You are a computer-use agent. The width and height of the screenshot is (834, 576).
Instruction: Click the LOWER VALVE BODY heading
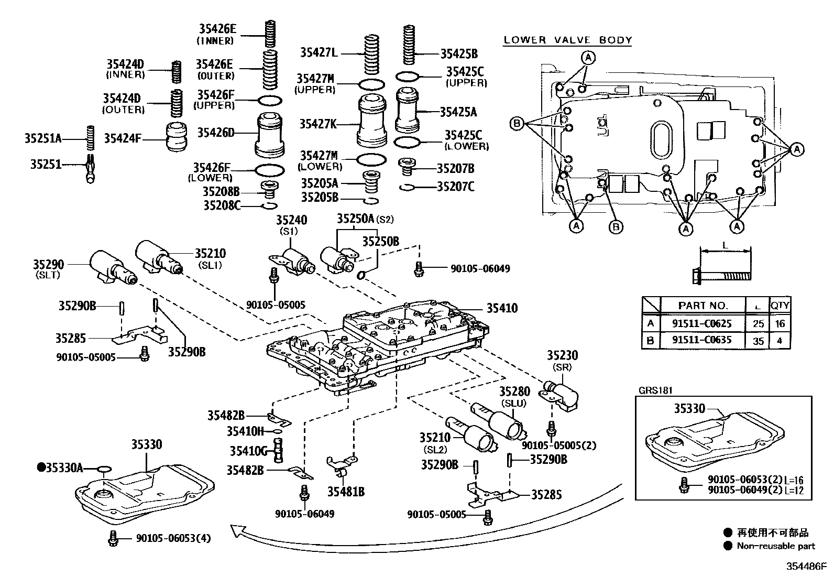tap(568, 40)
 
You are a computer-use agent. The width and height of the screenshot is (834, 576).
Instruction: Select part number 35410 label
tap(502, 308)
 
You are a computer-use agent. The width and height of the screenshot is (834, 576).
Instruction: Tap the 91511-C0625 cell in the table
tap(702, 323)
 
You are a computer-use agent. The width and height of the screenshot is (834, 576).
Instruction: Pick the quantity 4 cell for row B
tap(780, 340)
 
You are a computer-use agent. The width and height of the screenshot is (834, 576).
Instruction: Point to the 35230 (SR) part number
tap(562, 355)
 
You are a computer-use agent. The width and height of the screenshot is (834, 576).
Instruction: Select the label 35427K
tap(317, 124)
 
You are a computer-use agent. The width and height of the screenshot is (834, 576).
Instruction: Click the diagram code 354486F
tap(805, 566)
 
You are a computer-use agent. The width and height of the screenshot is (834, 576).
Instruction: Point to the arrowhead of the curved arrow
tap(239, 531)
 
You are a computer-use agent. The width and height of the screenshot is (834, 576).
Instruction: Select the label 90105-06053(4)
tap(173, 538)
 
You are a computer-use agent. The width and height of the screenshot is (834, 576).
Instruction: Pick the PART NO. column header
tap(703, 306)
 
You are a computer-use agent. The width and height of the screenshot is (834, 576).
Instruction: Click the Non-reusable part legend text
tap(775, 546)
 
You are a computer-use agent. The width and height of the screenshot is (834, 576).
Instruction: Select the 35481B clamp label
tap(346, 492)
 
